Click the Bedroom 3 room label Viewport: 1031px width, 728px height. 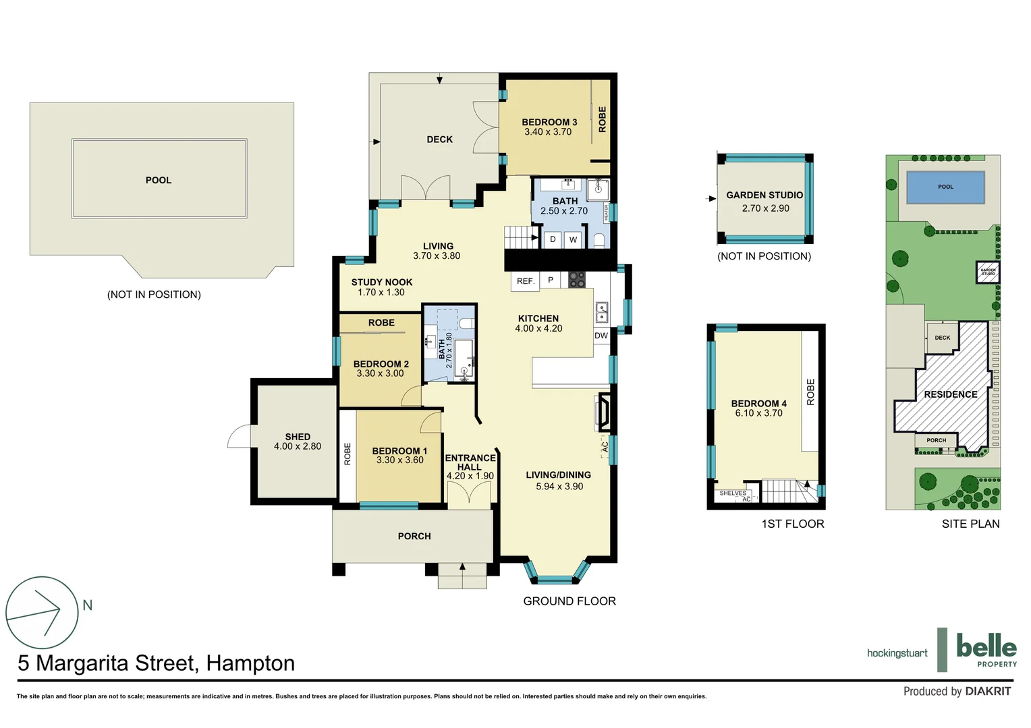click(549, 122)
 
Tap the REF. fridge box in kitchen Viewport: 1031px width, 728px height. click(526, 281)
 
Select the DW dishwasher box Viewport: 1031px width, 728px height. click(601, 335)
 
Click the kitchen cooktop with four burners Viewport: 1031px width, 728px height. click(576, 280)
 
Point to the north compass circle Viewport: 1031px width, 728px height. click(42, 612)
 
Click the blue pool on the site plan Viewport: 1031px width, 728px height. click(945, 187)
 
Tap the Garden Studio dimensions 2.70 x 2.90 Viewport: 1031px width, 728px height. click(765, 208)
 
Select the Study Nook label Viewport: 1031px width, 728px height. click(381, 282)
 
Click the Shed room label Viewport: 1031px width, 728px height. click(298, 437)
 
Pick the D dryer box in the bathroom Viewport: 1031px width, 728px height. click(553, 239)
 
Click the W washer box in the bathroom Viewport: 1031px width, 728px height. click(573, 239)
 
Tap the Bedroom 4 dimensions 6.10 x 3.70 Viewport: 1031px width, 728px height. click(758, 413)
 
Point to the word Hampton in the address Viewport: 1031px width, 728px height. click(250, 663)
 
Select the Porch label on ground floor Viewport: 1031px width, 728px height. click(414, 536)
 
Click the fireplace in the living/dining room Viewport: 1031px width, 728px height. click(604, 412)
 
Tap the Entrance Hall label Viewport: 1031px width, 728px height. click(470, 462)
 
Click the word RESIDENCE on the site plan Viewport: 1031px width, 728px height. click(950, 394)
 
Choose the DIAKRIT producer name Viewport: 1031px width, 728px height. click(988, 691)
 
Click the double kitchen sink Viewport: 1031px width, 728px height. click(602, 312)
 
